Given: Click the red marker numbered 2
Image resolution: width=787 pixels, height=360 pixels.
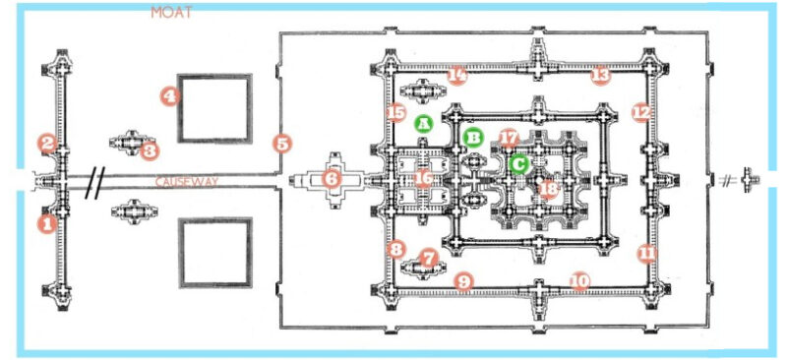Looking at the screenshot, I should tap(46, 143).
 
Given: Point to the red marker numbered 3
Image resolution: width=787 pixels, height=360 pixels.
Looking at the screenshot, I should tap(150, 150).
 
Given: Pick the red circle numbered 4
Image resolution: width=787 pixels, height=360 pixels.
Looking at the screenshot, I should tap(170, 95).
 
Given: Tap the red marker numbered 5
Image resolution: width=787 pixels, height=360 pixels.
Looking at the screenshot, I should tap(282, 144).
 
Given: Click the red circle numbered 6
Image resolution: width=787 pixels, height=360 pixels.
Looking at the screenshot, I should tap(331, 179).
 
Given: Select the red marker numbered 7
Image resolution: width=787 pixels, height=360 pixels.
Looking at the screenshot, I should tap(428, 258).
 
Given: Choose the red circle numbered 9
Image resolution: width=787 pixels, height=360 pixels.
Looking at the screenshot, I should tap(464, 282).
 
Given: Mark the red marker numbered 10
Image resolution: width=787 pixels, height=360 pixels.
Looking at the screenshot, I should tap(579, 281).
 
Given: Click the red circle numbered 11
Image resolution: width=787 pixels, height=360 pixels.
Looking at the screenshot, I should tap(645, 253).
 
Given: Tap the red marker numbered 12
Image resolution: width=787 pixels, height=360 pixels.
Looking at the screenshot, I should tap(641, 113).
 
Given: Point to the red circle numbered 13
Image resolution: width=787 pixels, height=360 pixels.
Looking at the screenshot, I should tap(600, 75).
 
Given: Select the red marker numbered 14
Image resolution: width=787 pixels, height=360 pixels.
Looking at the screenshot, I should tap(456, 75).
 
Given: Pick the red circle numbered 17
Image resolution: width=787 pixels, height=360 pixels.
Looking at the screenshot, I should tap(509, 138).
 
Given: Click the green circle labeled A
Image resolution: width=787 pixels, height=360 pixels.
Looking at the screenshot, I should tap(424, 124).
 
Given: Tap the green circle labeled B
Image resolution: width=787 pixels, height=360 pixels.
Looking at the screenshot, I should tap(473, 137).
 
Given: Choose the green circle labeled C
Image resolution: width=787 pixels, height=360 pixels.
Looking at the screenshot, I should tap(518, 163).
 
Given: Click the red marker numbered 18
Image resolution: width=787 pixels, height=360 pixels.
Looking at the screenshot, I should tap(549, 188).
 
